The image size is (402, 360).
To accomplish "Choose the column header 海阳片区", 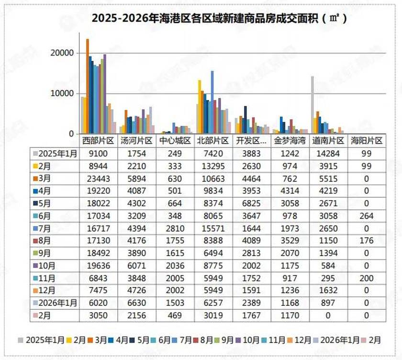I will click(367, 141).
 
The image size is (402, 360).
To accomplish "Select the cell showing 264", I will click(367, 215).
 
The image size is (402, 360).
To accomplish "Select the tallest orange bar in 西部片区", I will click(88, 86).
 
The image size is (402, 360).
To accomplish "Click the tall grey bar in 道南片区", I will click(312, 104).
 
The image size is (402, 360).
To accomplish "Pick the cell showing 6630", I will click(136, 303).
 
